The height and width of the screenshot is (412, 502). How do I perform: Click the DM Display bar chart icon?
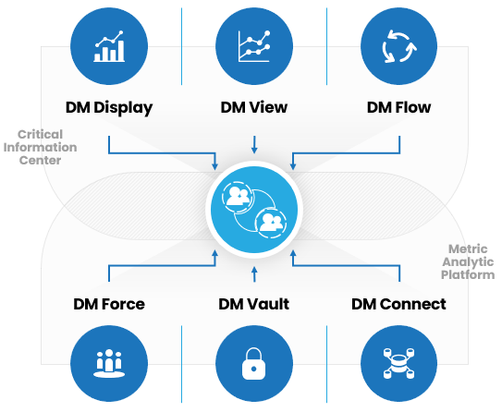(109, 46)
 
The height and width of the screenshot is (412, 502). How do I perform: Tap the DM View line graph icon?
(254, 46)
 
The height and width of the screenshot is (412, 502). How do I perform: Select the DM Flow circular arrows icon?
(399, 46)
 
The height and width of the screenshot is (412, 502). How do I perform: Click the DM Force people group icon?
(109, 364)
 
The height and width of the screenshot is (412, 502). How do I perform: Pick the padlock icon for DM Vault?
(254, 364)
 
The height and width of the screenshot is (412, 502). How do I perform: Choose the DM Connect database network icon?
(398, 364)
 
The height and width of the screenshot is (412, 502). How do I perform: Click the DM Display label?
(109, 108)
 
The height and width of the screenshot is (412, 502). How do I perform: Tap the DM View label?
(254, 107)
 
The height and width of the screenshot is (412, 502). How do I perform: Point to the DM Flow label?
(398, 107)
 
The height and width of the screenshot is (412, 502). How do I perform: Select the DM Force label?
(109, 304)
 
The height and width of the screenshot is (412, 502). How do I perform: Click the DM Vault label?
(254, 304)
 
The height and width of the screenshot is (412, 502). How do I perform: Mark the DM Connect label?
(398, 304)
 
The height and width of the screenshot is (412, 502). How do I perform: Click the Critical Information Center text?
(40, 147)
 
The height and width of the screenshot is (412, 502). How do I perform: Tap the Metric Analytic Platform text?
(468, 262)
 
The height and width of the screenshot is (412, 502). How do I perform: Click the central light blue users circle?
(254, 210)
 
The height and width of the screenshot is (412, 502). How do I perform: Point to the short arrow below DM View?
(254, 145)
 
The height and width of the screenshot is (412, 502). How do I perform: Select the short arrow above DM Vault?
(254, 274)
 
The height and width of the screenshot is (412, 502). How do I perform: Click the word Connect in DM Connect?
(413, 304)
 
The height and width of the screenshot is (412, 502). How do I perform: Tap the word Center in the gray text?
(40, 160)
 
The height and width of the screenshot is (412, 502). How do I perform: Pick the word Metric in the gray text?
(468, 248)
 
